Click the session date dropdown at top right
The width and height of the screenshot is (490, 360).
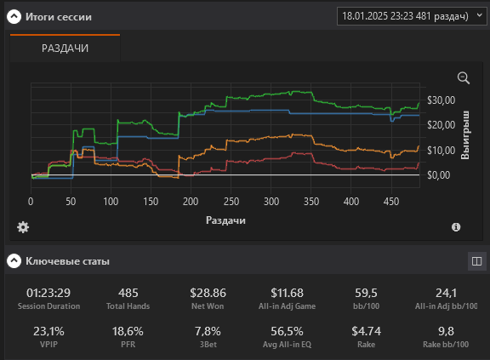[x=412, y=16]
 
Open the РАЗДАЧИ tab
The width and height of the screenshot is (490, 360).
[x=65, y=49]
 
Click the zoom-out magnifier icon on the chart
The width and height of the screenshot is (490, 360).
[x=463, y=78]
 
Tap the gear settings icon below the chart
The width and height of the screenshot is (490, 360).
[x=23, y=227]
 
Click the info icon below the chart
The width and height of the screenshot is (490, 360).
[x=456, y=227]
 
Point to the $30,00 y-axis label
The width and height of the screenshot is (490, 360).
[x=442, y=100]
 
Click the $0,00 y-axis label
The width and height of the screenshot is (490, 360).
[x=439, y=175]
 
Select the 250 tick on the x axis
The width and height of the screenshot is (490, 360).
[x=231, y=202]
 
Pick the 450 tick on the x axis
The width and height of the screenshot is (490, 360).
[x=391, y=202]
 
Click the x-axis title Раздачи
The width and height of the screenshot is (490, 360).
[x=225, y=220]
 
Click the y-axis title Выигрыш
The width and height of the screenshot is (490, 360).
[x=465, y=134]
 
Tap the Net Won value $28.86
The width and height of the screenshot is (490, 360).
[x=208, y=293]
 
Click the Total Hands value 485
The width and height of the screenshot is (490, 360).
[x=128, y=293]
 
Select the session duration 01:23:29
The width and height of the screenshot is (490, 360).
[x=48, y=293]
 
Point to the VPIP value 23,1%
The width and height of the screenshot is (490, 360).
[x=48, y=331]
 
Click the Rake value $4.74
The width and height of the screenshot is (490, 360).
[x=367, y=331]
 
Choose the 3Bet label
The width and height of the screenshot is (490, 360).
[x=208, y=345]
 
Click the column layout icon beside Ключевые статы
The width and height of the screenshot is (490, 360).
[x=477, y=261]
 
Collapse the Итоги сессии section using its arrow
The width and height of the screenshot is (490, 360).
[x=14, y=16]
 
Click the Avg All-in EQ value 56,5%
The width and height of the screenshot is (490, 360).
[x=287, y=331]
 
